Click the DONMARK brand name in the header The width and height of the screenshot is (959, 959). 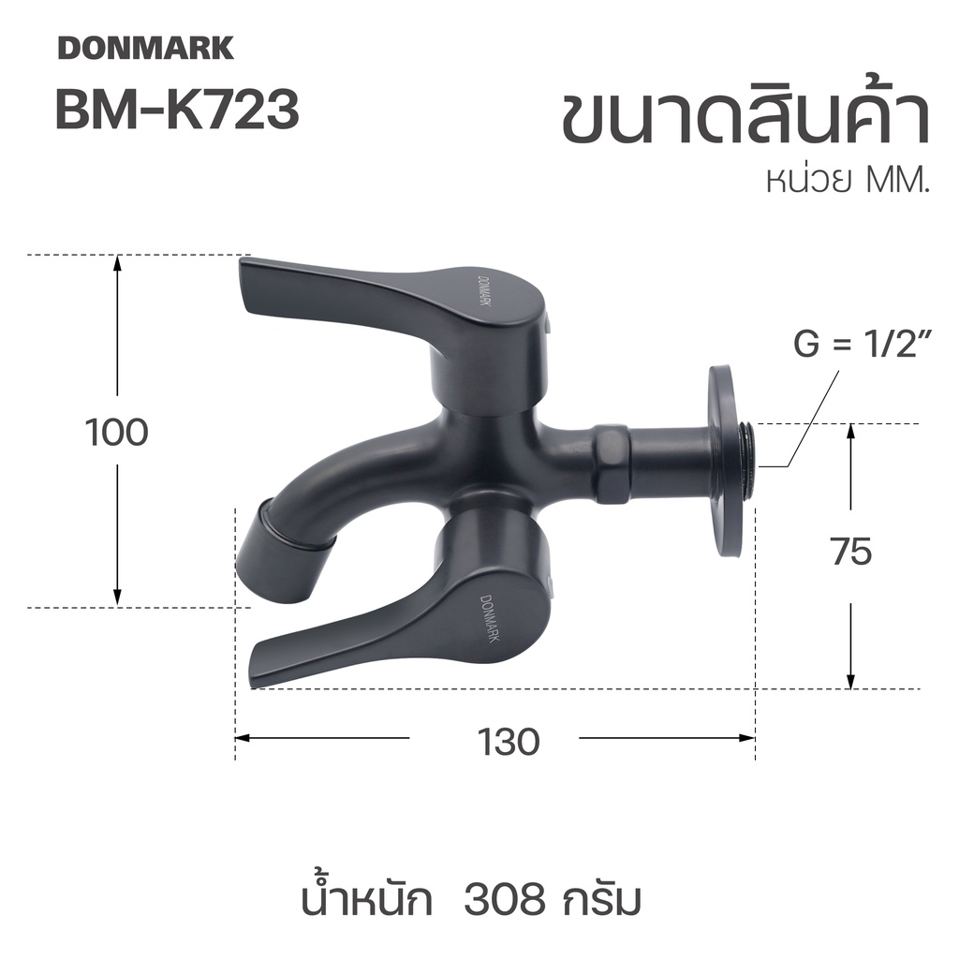pyautogui.click(x=145, y=48)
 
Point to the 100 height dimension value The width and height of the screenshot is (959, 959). pyautogui.click(x=117, y=433)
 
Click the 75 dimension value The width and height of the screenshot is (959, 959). pyautogui.click(x=851, y=551)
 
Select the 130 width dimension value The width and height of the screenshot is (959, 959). pyautogui.click(x=509, y=742)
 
